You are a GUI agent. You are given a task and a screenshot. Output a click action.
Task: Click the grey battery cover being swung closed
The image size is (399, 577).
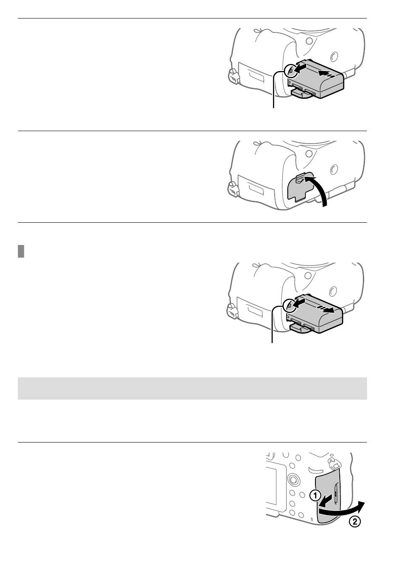[299, 187]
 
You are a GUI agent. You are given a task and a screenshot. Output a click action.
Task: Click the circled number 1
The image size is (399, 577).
[315, 495]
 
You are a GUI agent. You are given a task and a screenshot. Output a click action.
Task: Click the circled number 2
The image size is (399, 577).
[354, 522]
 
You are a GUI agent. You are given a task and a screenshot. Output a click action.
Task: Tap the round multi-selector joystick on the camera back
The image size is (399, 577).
[293, 479]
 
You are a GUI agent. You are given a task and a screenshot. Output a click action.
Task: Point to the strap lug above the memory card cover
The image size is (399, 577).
[333, 463]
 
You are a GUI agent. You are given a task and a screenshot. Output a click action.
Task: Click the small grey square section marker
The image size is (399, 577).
[21, 251]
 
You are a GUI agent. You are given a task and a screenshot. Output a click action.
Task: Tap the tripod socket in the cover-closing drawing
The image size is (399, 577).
[334, 169]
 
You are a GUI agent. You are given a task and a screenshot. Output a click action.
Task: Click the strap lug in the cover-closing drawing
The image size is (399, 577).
[233, 189]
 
